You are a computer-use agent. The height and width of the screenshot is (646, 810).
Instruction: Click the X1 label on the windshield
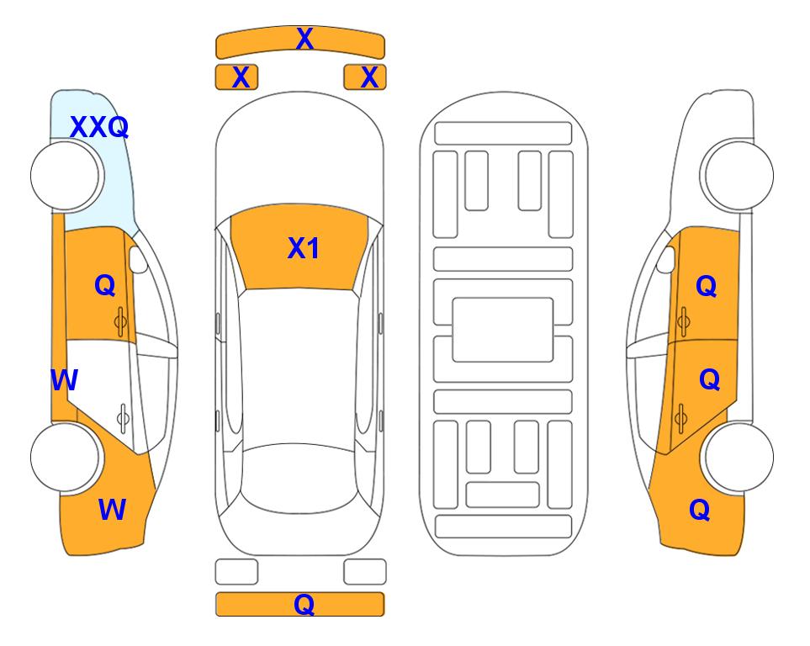[304, 248]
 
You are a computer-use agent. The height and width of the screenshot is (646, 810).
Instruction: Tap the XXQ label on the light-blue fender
[99, 127]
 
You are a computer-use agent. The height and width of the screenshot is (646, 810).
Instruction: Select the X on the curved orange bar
[304, 39]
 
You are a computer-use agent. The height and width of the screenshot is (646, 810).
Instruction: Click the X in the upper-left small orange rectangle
[241, 77]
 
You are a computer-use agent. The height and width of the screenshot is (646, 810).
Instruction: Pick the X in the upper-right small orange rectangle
[369, 77]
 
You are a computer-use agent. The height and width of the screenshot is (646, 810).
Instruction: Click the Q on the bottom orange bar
[304, 604]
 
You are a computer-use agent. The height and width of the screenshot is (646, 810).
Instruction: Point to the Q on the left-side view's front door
[105, 285]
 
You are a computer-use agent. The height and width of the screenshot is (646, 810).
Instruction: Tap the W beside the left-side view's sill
[64, 380]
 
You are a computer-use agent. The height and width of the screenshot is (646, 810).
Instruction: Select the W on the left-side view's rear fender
[112, 510]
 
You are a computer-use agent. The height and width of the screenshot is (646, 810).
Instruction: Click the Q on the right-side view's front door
[707, 286]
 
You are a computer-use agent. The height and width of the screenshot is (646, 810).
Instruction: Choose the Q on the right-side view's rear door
[709, 380]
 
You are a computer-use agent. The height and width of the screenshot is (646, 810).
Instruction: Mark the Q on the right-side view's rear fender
[700, 510]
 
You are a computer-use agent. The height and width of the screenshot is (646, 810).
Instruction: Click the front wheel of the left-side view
[66, 176]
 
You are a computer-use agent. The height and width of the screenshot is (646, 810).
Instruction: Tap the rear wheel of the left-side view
[65, 457]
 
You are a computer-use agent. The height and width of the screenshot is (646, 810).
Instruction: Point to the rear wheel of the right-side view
[739, 457]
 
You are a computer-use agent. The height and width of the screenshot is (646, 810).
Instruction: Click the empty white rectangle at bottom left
[236, 572]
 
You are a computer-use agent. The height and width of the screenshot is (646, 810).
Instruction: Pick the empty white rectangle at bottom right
[365, 572]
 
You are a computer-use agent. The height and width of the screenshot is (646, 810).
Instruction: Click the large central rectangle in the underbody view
[503, 330]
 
